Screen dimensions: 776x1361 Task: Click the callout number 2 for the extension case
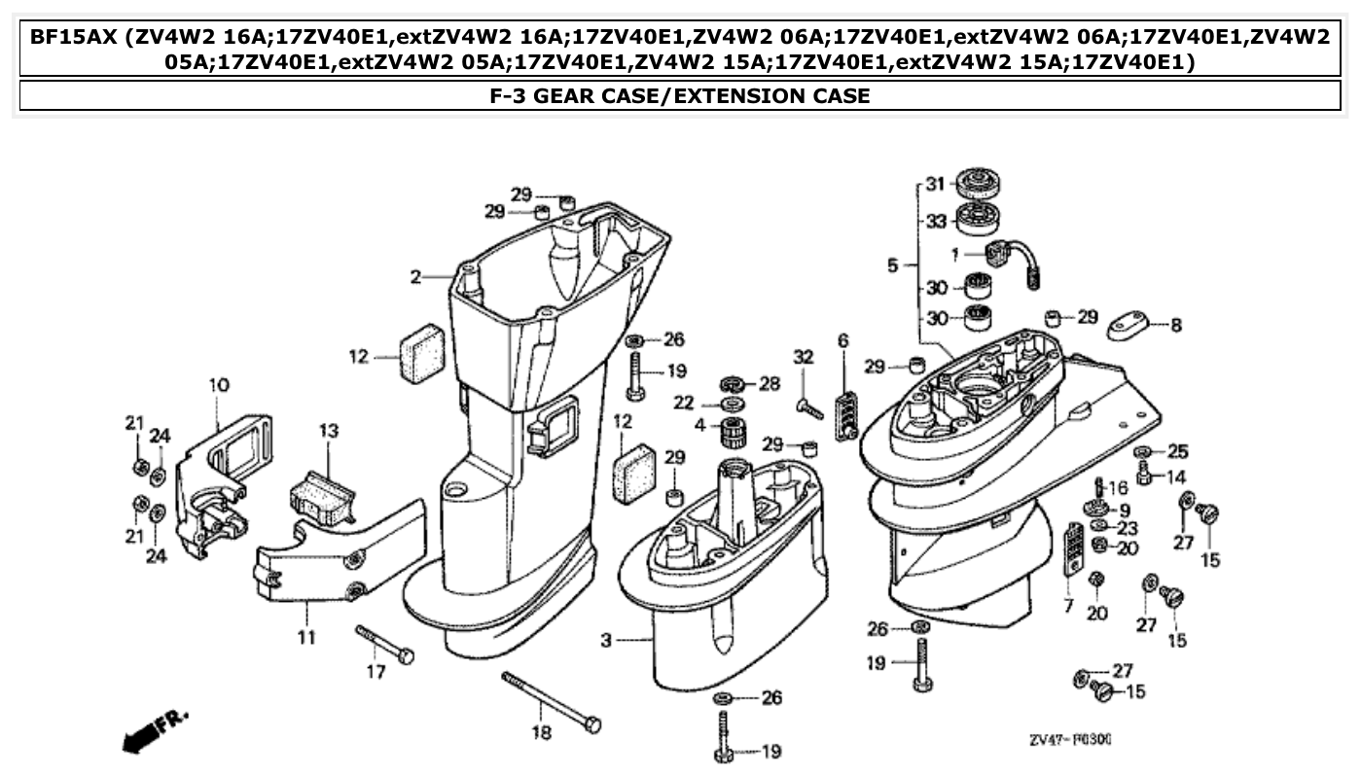[415, 277]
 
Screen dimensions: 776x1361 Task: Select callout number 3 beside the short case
[606, 641]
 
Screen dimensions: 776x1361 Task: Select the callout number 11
[306, 639]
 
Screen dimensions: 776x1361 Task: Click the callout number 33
[935, 222]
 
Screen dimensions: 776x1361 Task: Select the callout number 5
[893, 264]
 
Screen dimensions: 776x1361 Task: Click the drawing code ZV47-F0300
[1070, 740]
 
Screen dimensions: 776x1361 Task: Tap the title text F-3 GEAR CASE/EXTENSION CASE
[679, 95]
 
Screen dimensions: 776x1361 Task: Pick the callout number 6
[842, 340]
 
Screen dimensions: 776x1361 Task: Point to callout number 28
[770, 384]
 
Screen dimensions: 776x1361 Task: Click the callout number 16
[1119, 487]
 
